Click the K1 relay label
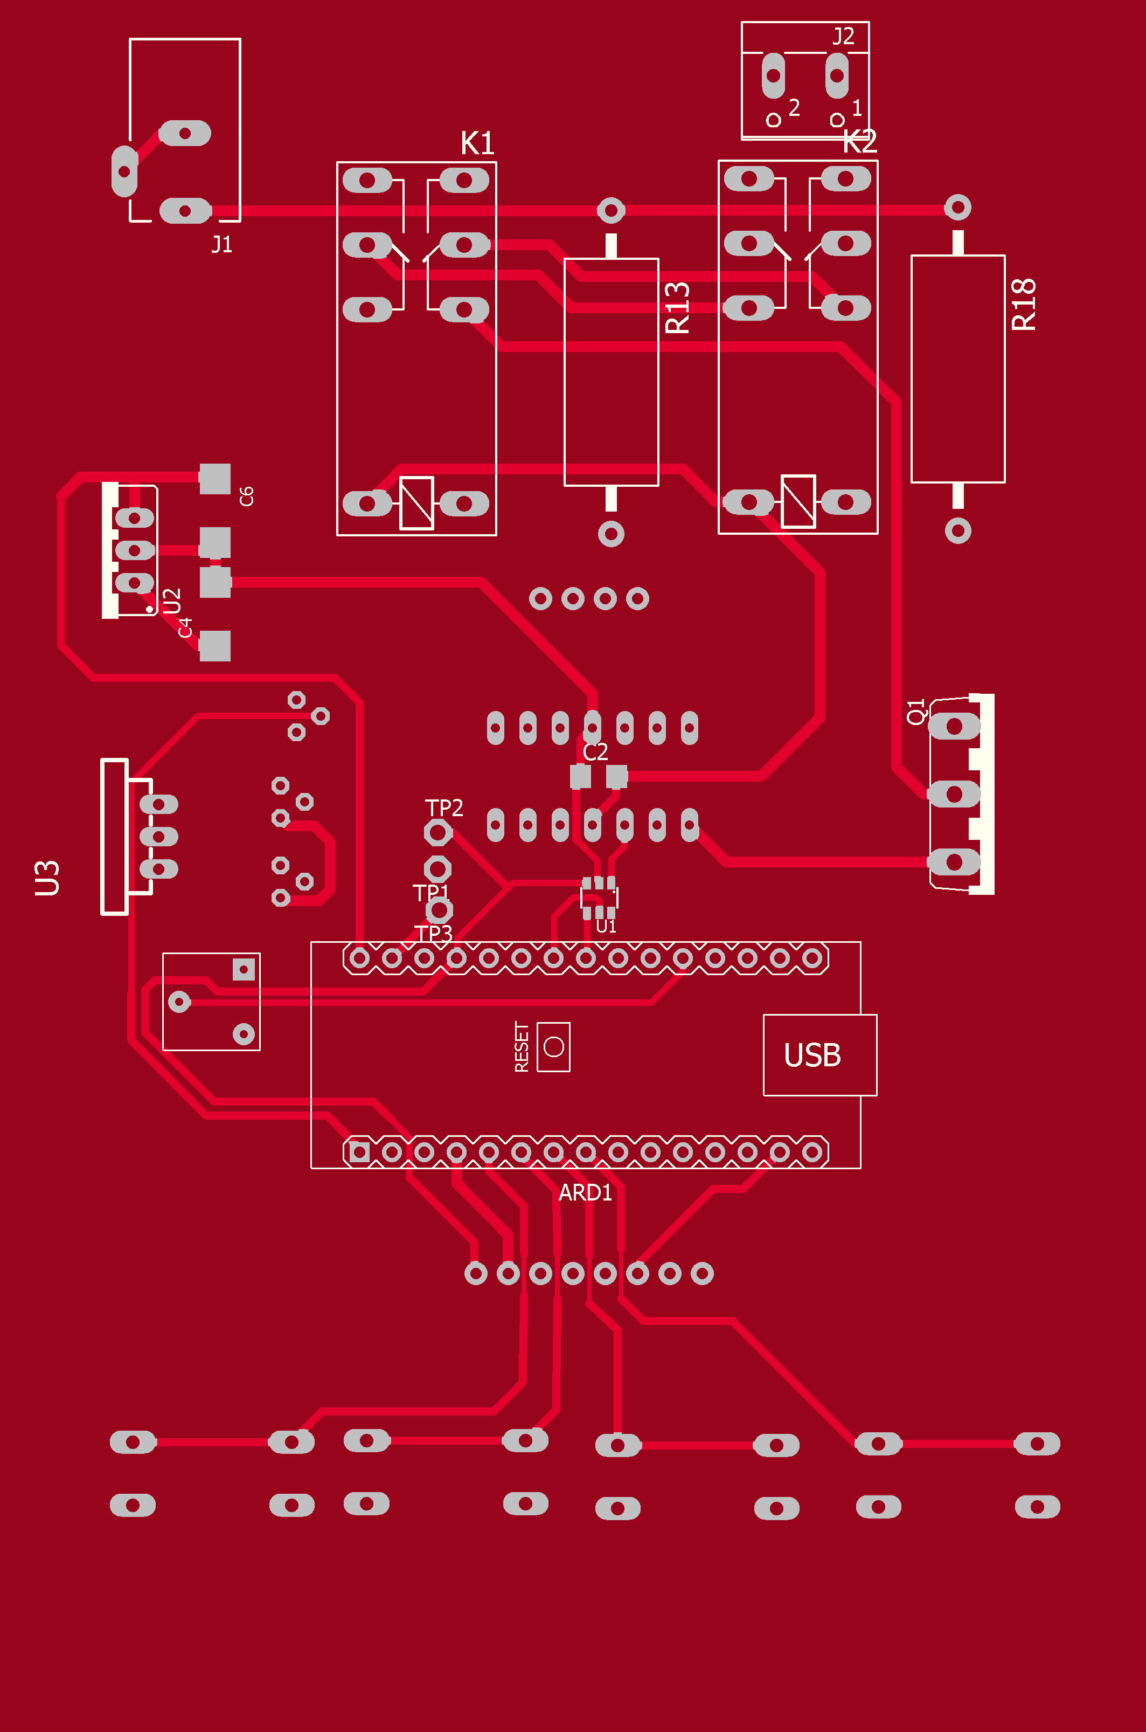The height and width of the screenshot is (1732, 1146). tap(477, 143)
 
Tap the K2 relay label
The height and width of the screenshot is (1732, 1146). tap(859, 141)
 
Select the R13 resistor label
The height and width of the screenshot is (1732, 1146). tap(677, 308)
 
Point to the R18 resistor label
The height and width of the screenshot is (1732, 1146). tap(1024, 305)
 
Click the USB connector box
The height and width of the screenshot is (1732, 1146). tap(819, 1055)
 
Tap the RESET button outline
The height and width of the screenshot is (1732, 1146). tap(553, 1047)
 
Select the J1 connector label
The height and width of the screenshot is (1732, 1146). tap(221, 244)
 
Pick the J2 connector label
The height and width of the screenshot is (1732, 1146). tap(843, 36)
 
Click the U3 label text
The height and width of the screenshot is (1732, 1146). tap(47, 878)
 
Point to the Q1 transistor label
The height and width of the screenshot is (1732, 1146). tap(916, 712)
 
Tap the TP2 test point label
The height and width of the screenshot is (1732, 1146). tap(443, 808)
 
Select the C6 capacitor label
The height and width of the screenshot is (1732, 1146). tap(246, 496)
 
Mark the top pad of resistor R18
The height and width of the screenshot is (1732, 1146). tap(957, 208)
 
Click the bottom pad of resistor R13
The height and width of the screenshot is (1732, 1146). tap(611, 534)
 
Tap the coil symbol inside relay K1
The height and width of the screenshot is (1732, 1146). tap(416, 503)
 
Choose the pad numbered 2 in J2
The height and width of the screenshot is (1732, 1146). tap(773, 76)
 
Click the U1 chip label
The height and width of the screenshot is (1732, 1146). tap(606, 926)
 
